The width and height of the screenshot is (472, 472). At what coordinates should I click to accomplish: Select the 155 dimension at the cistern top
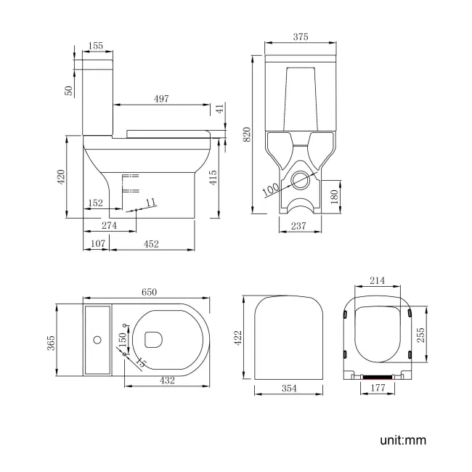coord(94,45)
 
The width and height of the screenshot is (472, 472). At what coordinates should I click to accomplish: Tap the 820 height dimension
coord(247,134)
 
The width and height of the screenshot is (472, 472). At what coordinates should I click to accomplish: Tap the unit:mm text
coord(402,439)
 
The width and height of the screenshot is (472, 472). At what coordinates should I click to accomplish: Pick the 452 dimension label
coord(151,244)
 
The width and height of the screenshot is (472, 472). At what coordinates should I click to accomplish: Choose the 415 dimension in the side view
coord(213,176)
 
